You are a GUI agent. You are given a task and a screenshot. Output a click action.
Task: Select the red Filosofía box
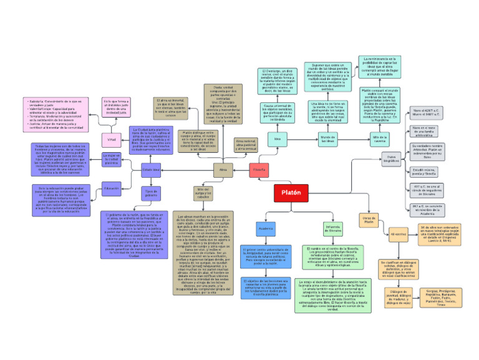(259, 169)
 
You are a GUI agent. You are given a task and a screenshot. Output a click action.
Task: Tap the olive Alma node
(223, 169)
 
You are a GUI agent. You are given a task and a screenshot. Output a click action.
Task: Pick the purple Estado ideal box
(152, 169)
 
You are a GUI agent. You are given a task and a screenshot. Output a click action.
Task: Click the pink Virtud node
(112, 139)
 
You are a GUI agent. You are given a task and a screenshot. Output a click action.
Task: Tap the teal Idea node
(278, 138)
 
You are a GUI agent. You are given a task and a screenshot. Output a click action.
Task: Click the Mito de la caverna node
(380, 139)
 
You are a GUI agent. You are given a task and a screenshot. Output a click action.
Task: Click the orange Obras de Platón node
(369, 219)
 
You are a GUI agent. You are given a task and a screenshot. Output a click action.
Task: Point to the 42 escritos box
(398, 236)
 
